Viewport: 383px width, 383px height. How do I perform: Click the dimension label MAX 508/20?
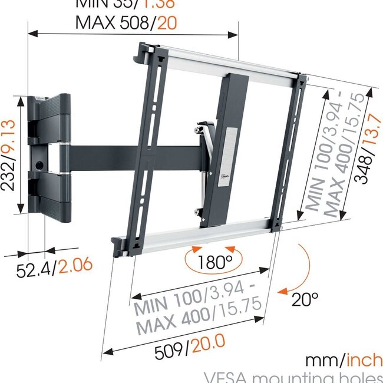126,23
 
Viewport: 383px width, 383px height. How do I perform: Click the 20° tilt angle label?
305,299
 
